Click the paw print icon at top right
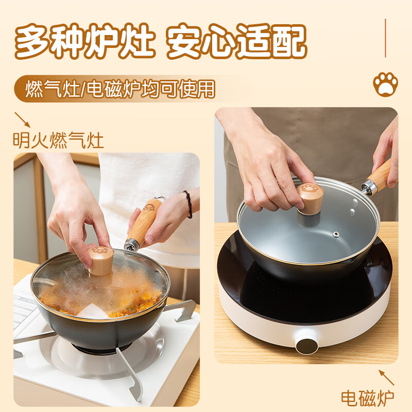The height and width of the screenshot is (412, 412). point(385,84)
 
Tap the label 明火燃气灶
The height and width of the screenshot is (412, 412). point(58,140)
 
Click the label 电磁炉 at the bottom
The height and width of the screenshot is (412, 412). point(367,398)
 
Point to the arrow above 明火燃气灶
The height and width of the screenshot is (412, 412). point(22,119)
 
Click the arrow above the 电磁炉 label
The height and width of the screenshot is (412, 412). point(387,377)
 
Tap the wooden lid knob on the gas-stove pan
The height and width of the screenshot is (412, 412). point(100,261)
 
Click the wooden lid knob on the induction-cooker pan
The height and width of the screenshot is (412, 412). point(310,198)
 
